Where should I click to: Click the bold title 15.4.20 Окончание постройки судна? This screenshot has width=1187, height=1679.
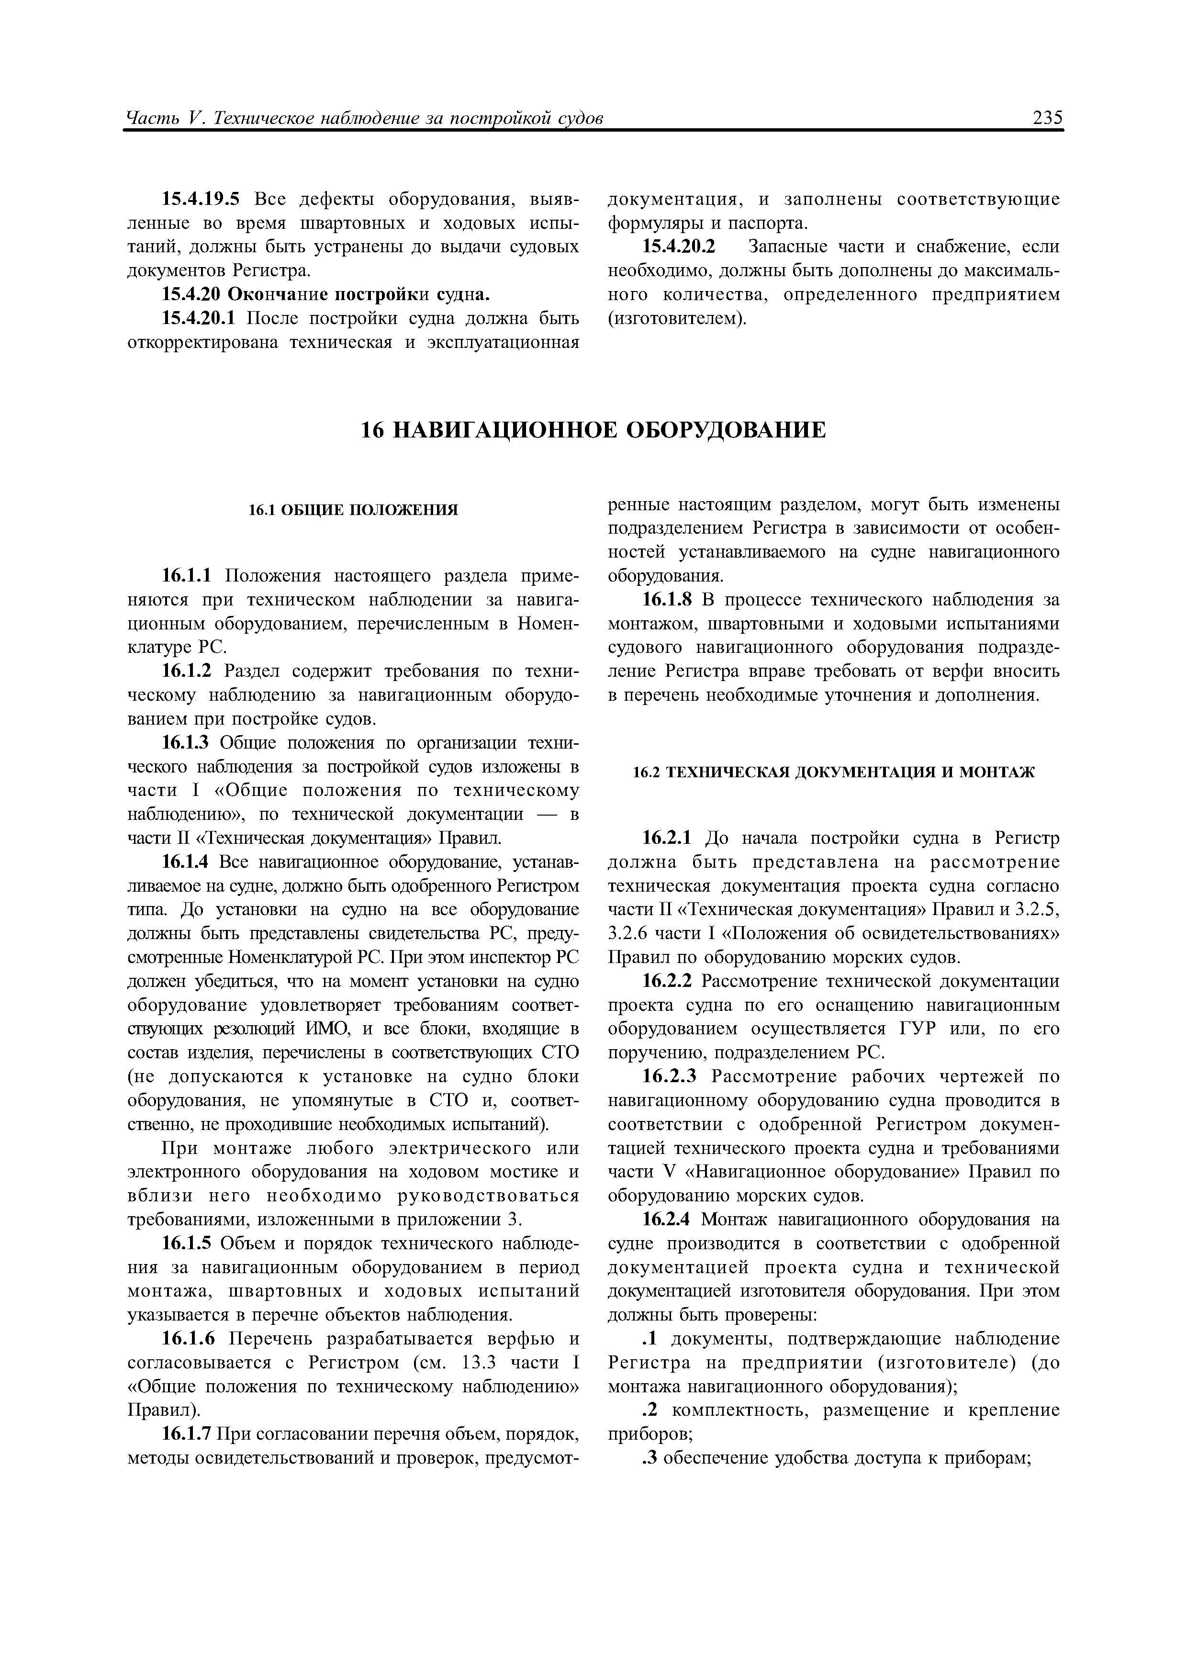(x=325, y=295)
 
